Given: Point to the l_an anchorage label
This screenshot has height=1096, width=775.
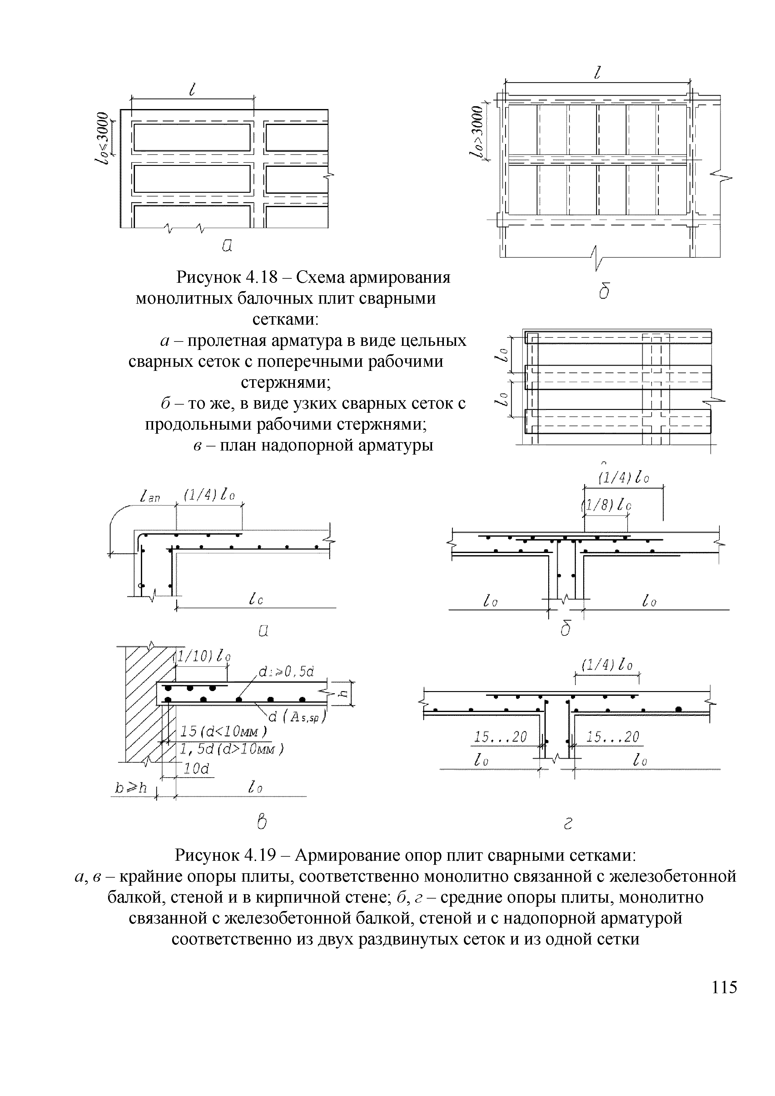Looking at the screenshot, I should (x=150, y=498).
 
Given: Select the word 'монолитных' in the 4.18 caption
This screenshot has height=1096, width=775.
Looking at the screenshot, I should (x=183, y=298).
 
